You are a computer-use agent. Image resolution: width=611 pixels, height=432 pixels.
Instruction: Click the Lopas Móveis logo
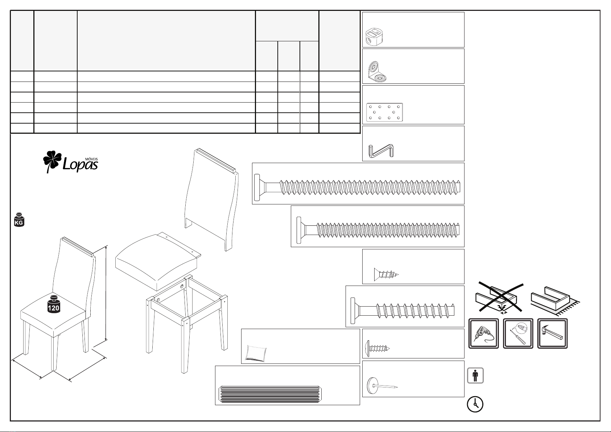71,162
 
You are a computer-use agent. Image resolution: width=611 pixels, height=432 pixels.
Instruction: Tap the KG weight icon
19,220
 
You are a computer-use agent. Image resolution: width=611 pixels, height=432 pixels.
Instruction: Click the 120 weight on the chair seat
53,304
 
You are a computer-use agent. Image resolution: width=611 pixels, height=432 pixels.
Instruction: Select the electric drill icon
484,333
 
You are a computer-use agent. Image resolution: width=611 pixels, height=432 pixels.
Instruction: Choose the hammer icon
552,333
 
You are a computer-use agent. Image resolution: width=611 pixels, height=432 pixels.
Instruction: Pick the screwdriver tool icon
518,333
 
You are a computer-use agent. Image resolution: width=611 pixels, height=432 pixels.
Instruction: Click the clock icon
475,404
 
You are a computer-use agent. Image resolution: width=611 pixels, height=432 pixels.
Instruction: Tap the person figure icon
475,375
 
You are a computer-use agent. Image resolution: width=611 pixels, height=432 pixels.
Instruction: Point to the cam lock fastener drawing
374,37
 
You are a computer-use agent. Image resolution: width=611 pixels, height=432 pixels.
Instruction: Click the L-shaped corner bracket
377,72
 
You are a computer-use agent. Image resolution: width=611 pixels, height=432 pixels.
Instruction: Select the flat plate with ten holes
384,112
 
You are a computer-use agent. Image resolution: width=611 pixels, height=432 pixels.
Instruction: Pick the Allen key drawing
381,151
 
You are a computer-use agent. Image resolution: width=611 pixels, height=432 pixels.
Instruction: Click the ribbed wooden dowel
270,394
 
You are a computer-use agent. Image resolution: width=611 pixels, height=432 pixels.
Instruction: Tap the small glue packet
256,353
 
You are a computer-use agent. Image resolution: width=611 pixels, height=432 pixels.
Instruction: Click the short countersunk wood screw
386,274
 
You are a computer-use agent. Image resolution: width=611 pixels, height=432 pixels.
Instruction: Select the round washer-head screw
377,348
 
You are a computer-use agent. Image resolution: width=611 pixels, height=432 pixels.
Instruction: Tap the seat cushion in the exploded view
158,261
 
